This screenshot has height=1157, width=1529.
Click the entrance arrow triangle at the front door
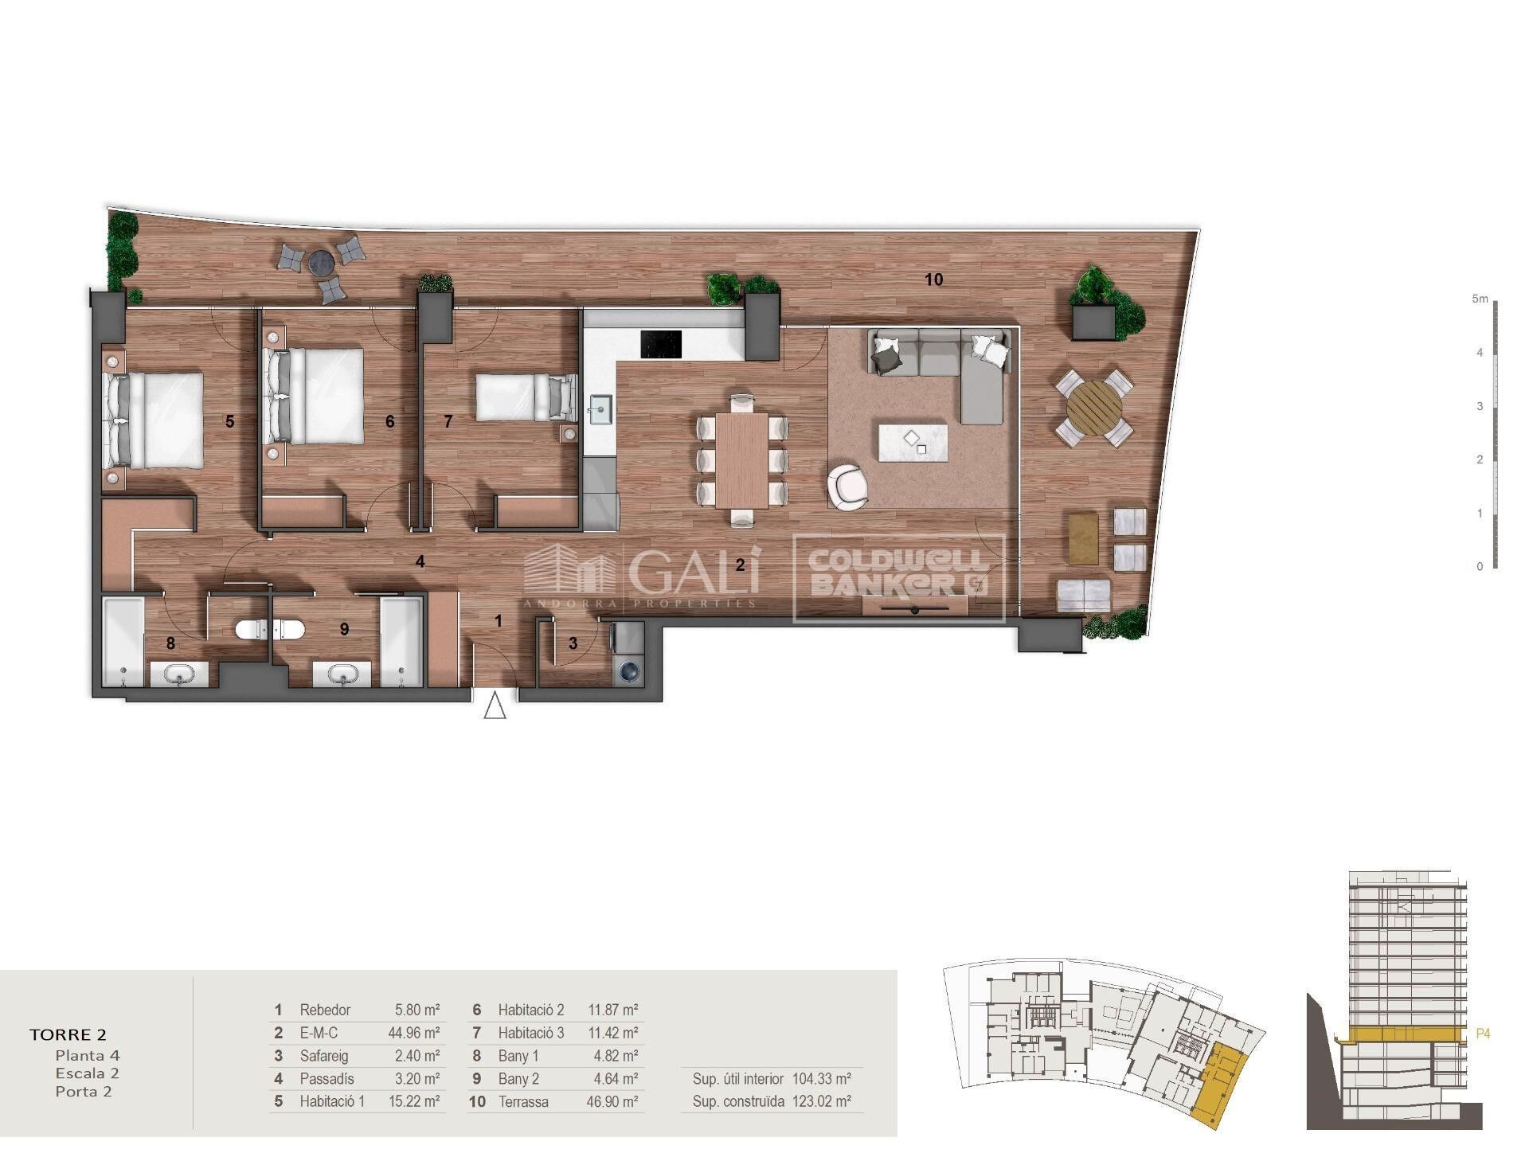[495, 706]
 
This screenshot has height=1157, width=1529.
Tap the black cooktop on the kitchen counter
[661, 345]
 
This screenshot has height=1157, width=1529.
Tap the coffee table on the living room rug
[913, 443]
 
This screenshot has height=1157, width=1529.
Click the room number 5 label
[229, 421]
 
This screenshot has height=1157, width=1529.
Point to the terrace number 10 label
[934, 279]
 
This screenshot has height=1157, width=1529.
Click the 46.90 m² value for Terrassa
[612, 1102]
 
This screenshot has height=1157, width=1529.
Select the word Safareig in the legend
[323, 1057]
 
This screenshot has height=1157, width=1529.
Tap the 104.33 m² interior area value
[822, 1079]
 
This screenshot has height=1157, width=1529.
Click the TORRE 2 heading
[68, 1034]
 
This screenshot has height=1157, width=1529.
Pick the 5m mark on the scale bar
[1480, 299]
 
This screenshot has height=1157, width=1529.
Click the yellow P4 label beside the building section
[1483, 1034]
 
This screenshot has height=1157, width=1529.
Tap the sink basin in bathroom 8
[179, 675]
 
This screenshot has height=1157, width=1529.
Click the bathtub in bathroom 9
[401, 642]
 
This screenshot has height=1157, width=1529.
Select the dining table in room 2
[742, 459]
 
